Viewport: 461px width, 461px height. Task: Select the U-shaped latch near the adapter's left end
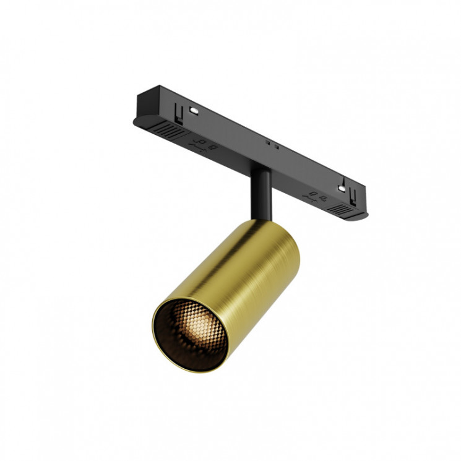(179, 114)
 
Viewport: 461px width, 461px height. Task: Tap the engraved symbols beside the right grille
(316, 197)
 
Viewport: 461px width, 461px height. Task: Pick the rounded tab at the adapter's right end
(361, 215)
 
